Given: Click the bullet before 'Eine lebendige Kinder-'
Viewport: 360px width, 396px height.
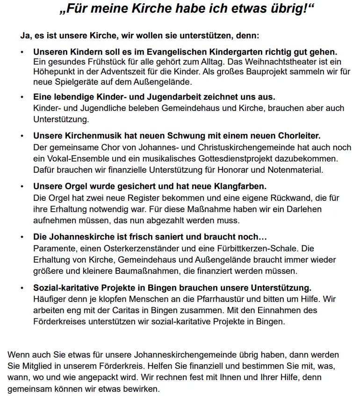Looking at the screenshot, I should coord(22,97).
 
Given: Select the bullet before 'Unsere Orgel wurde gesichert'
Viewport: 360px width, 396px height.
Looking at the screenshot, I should coord(22,186).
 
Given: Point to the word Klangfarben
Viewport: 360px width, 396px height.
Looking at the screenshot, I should coord(242,186).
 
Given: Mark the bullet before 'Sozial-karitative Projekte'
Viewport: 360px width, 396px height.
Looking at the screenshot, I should coord(22,287).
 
